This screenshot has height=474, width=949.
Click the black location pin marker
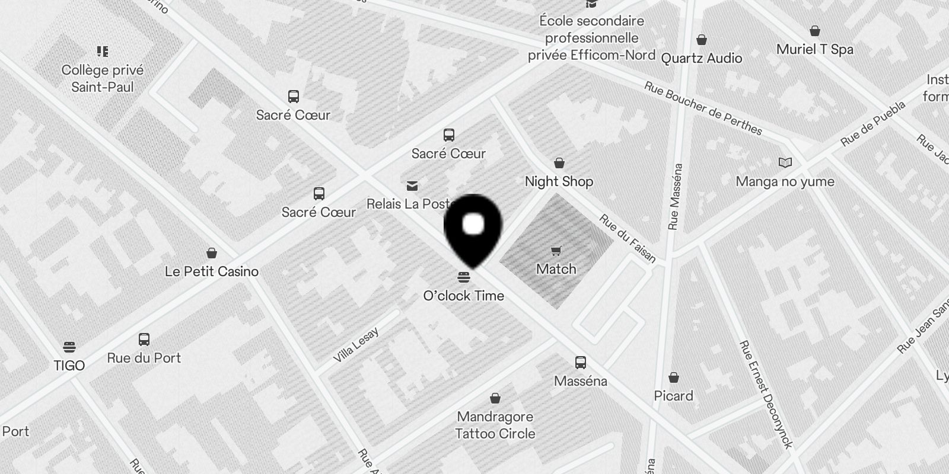473,229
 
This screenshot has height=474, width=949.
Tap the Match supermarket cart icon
556,251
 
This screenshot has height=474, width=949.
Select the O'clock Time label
463,296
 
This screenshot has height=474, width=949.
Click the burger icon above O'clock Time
464,277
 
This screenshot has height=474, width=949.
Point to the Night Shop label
559,181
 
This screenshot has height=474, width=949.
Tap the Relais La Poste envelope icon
412,186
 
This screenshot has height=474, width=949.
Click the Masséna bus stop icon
581,363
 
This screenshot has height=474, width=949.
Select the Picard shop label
673,396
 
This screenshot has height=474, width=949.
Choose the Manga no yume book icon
785,162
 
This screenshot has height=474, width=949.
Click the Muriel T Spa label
814,49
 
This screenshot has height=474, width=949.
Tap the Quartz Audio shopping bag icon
702,40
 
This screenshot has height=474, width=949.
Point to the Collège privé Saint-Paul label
103,78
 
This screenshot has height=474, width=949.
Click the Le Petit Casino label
212,271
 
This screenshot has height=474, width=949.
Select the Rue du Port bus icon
144,340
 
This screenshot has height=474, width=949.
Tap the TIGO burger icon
69,347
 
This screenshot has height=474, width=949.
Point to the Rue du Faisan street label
628,238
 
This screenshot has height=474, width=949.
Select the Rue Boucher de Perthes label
703,108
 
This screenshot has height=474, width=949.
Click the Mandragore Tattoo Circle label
495,425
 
